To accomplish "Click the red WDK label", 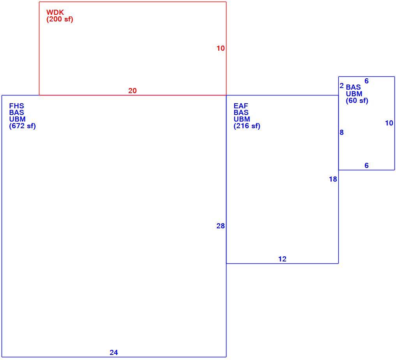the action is tap(55, 12).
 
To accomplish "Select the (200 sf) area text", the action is tap(60, 19).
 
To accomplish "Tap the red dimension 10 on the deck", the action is tap(221, 48).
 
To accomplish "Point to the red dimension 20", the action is tap(133, 91).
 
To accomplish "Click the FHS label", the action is tap(17, 106).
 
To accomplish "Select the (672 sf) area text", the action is tap(23, 126).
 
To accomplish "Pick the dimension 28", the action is tap(221, 226).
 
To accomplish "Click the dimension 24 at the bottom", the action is tap(114, 353).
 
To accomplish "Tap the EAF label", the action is tap(241, 106).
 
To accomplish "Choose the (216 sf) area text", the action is tap(247, 126).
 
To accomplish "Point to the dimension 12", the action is tap(282, 259).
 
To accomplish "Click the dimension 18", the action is tap(333, 179).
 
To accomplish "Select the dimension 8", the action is tap(342, 132).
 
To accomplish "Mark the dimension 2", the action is tap(342, 86).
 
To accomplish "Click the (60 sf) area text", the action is tap(357, 101).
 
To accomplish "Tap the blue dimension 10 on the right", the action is tap(389, 123).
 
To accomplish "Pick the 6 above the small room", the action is tap(367, 81).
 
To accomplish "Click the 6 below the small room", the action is tap(367, 166).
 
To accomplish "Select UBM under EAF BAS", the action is tap(242, 119).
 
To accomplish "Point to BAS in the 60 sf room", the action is tap(353, 87).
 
